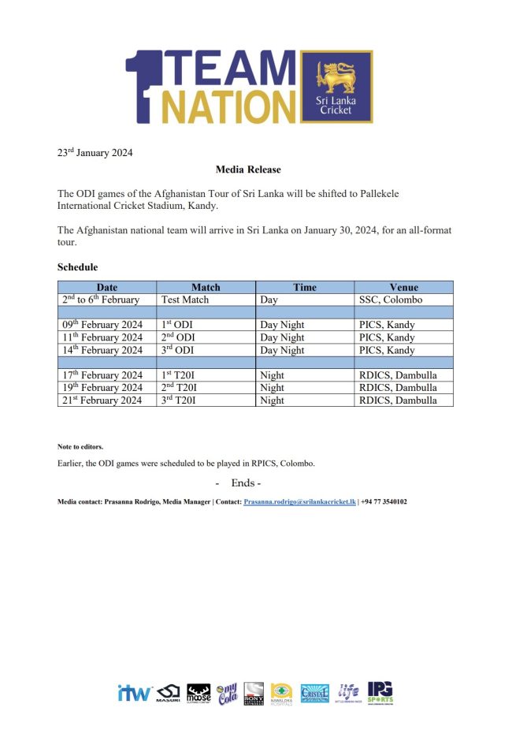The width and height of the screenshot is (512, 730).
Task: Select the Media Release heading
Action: tap(248, 169)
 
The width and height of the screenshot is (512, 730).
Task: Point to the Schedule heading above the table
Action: tap(77, 268)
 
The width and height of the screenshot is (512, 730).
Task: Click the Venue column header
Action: tap(403, 287)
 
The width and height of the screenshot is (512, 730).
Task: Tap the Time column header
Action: tap(305, 287)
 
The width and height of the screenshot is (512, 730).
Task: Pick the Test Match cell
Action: tap(185, 300)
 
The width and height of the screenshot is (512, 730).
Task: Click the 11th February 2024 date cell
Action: tap(102, 337)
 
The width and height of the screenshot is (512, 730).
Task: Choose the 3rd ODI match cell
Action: tap(177, 350)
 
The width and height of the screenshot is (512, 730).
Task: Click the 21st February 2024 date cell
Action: tap(102, 400)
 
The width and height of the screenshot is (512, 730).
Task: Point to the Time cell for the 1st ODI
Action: tap(282, 325)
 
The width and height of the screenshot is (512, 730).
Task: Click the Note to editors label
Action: tap(80, 447)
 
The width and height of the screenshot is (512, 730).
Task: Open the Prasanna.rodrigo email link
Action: tap(299, 501)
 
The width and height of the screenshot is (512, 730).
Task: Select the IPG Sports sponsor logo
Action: tap(380, 693)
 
